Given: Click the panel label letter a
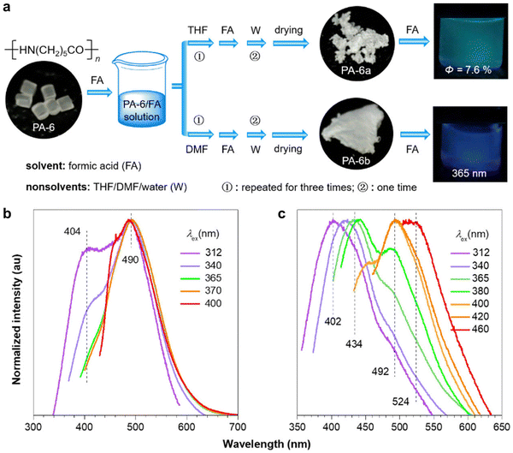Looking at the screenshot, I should [x=8, y=8].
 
